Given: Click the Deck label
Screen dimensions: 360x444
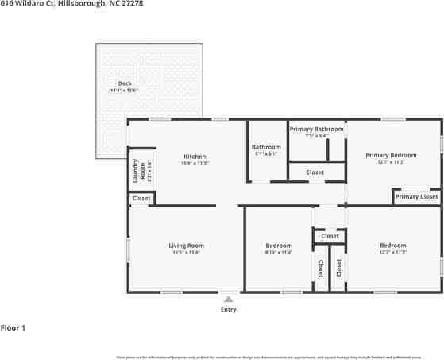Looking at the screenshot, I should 125,83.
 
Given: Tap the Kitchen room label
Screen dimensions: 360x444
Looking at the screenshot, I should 195,157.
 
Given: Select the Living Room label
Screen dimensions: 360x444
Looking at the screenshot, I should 186,246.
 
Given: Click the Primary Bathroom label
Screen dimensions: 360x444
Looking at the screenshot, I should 316,129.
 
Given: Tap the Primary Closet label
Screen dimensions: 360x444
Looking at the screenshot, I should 417,196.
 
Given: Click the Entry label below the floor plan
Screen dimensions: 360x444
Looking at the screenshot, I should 228,310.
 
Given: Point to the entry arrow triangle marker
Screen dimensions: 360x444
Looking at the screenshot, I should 228,299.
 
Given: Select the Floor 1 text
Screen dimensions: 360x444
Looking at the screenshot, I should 14,327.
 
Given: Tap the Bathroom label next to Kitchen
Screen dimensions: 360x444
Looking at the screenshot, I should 266,147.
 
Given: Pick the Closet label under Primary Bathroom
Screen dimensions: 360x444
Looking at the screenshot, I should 315,172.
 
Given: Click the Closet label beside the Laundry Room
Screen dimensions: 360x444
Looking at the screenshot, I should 141,198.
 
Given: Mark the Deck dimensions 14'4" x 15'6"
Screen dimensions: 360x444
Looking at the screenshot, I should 125,91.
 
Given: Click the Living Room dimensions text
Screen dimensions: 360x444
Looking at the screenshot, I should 186,253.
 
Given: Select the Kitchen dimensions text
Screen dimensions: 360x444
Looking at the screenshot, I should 195,164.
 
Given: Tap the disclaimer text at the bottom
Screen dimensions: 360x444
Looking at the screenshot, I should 278,358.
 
